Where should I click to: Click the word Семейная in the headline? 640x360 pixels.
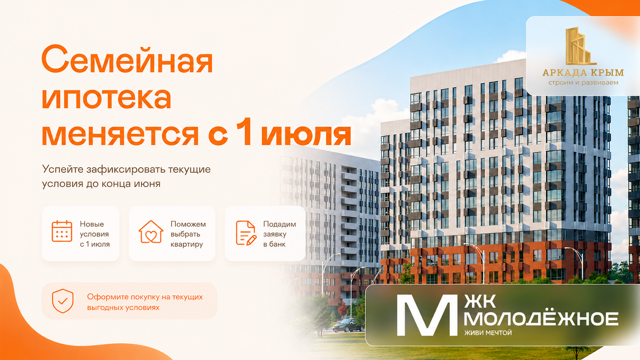coord(127,59)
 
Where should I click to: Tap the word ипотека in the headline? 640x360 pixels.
coord(106,98)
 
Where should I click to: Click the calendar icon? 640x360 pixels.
coord(62,231)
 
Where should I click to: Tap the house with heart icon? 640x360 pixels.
coord(151,232)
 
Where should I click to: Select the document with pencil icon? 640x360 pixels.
coord(246,233)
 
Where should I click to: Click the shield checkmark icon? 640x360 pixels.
coord(62,301)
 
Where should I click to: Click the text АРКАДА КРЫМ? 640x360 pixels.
coord(583,73)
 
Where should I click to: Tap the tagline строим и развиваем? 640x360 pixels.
coord(583,83)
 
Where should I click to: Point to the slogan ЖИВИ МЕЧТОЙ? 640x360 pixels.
coord(488,332)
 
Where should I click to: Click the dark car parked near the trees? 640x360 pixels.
coord(348,326)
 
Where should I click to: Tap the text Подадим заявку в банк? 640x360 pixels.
coord(279,234)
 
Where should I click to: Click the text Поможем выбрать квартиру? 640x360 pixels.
coord(188,234)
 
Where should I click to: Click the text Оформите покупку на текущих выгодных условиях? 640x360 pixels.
coord(145,302)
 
